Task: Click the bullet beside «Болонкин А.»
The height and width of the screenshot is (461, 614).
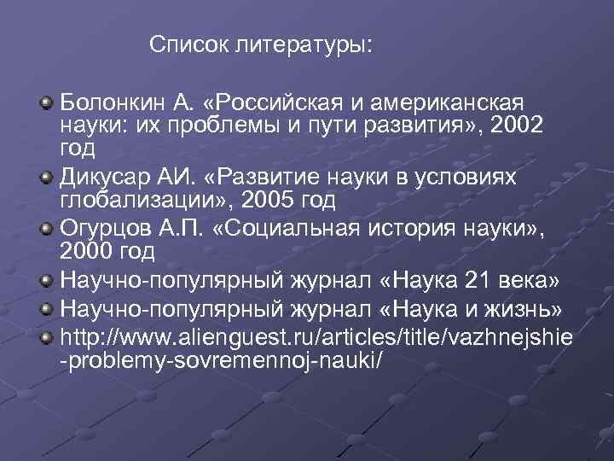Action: [46, 104]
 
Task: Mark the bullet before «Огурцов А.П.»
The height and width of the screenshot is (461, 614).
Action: [46, 228]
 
